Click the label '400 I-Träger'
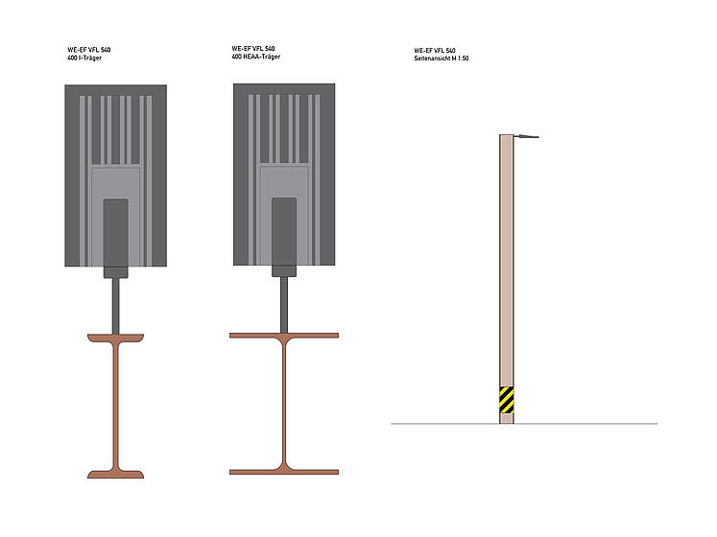point(84,58)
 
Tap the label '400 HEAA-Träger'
point(256,57)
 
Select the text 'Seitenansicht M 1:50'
point(442,58)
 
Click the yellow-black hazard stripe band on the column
point(506,400)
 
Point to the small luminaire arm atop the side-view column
point(526,136)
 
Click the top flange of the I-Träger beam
point(116,338)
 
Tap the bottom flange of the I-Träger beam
point(116,475)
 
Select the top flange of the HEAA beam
point(284,336)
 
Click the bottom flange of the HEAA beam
point(284,472)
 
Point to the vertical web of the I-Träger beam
point(116,406)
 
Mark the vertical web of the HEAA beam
point(284,404)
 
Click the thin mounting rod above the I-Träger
point(116,306)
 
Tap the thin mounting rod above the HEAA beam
point(284,305)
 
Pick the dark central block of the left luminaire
point(116,238)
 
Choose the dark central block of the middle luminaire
point(284,237)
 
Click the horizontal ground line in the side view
point(524,424)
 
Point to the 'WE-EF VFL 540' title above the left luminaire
point(88,50)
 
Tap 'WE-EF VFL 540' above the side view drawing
point(435,50)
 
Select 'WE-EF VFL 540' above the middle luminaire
point(252,49)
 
